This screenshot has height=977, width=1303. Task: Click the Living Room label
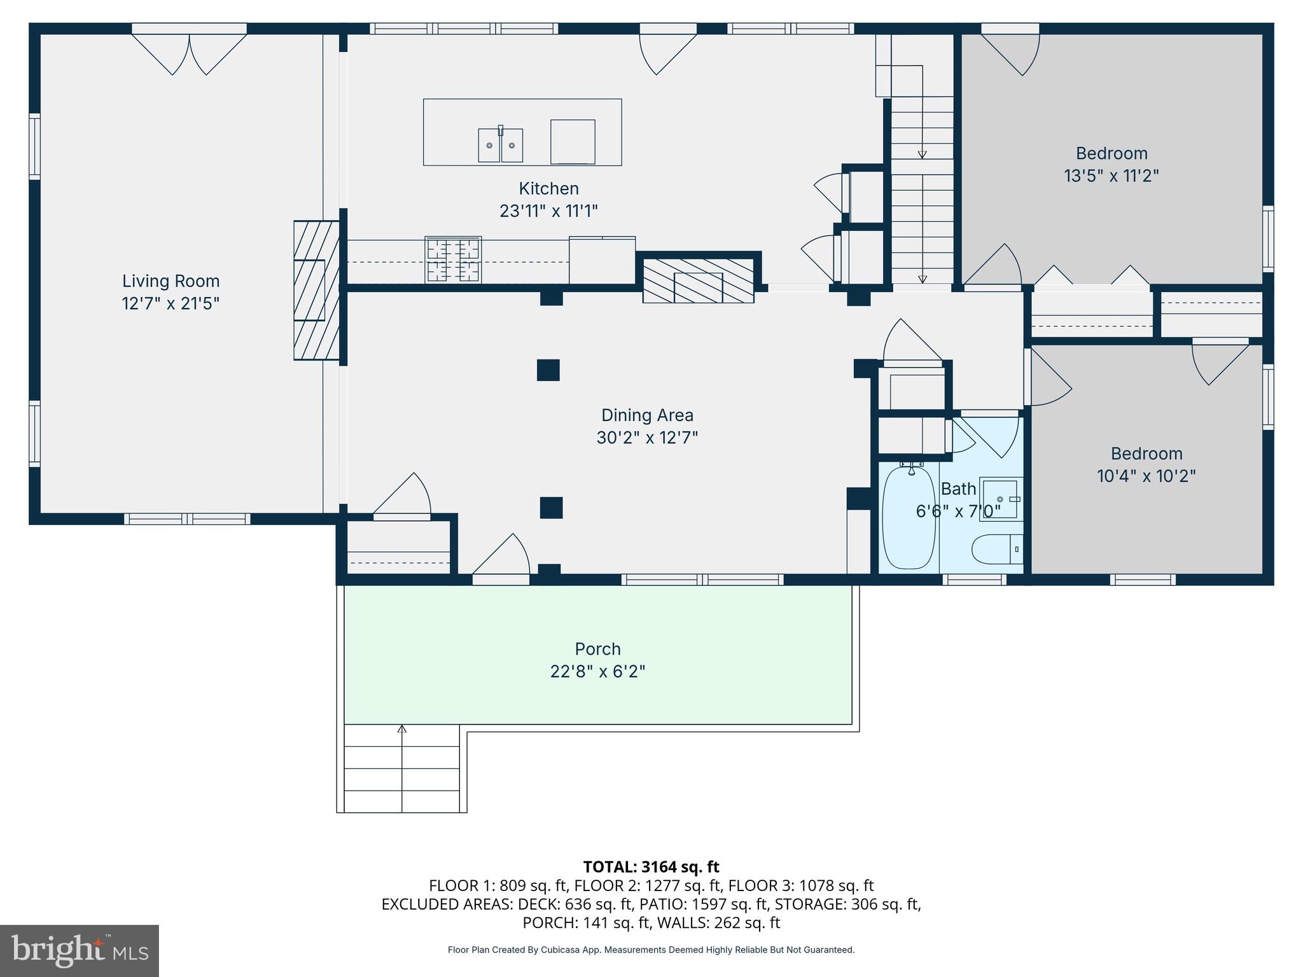click(171, 281)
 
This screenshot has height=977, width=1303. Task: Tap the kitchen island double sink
click(501, 145)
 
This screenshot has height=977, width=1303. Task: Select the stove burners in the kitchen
click(453, 260)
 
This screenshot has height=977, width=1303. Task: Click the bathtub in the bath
click(910, 518)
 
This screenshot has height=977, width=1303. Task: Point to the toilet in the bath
click(996, 548)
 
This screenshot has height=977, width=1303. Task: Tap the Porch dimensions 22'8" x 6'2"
click(597, 672)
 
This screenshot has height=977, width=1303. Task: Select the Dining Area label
click(647, 415)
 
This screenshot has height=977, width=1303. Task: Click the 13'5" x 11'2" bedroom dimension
click(1111, 176)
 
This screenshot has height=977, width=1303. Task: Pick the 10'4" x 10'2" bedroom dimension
click(1146, 476)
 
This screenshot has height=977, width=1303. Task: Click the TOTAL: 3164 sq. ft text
click(651, 867)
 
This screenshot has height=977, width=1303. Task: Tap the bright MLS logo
click(79, 950)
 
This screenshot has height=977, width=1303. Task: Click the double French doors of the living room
click(189, 54)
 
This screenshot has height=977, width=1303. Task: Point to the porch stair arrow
click(401, 730)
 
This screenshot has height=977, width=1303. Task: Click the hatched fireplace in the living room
click(316, 290)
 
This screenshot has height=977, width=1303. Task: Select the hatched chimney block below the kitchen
click(698, 281)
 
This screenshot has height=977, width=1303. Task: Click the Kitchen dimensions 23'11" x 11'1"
click(548, 211)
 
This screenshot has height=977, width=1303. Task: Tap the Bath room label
click(958, 488)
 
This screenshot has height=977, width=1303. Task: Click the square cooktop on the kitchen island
click(573, 142)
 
